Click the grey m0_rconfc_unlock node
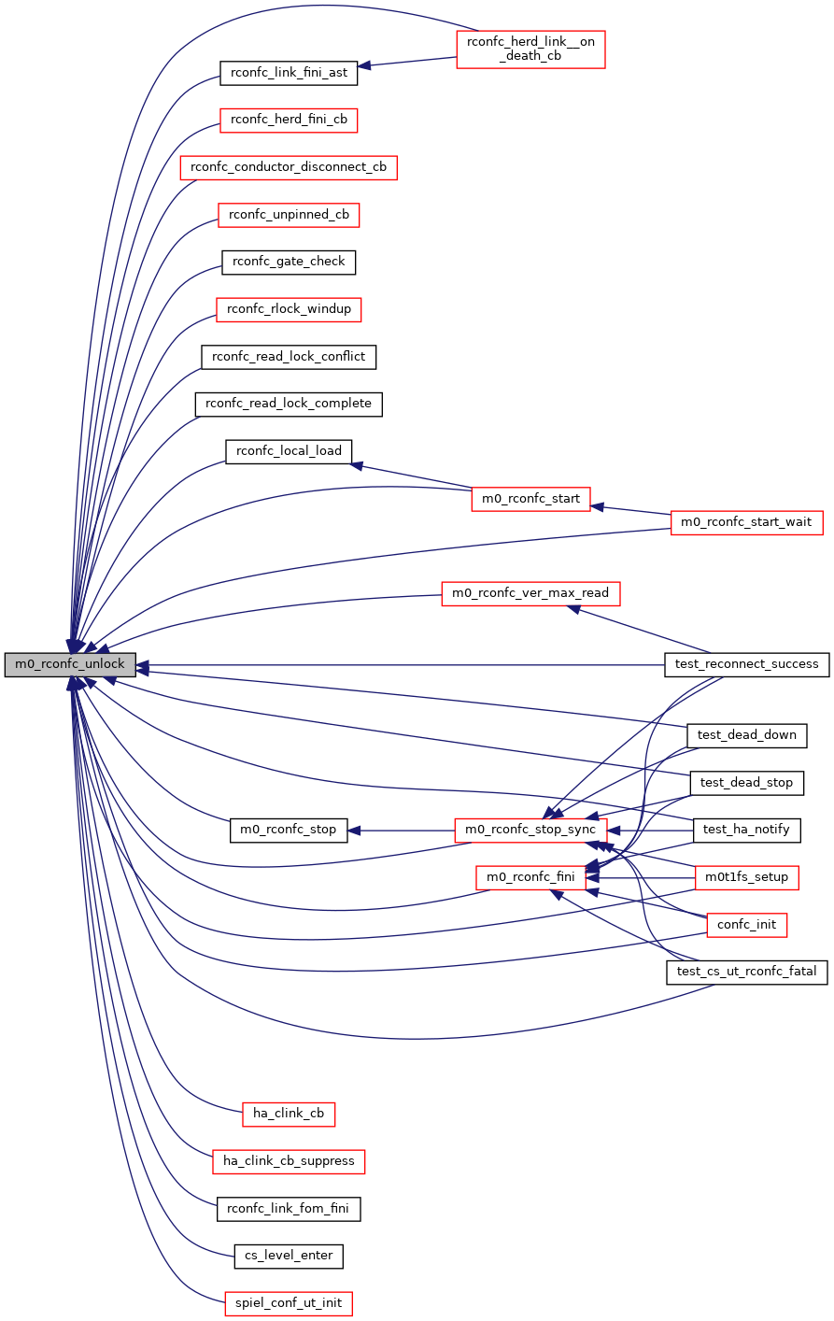70,665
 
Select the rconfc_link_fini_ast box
289,72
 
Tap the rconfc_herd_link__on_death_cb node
530,49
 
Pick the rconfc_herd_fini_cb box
289,120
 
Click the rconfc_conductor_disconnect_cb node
289,167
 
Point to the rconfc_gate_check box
289,262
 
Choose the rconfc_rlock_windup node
289,309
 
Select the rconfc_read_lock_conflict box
289,356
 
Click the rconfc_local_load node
289,451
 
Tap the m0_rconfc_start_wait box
746,522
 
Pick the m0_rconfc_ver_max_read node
530,593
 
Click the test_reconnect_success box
746,664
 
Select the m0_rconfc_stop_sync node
530,830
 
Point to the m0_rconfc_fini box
530,877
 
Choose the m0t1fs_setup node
746,877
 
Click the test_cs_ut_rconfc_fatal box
746,972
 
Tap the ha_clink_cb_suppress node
289,1161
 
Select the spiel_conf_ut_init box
289,1303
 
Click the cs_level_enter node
289,1256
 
